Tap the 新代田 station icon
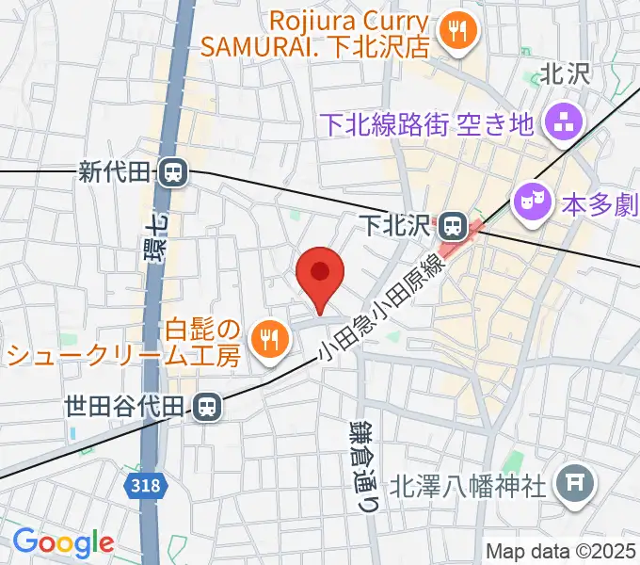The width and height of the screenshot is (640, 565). tap(172, 172)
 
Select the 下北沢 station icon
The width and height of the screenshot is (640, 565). tap(452, 225)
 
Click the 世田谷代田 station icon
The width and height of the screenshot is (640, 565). tap(205, 406)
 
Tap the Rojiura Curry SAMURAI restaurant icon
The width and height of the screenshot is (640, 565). tap(460, 31)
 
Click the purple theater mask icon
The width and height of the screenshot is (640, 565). tap(530, 201)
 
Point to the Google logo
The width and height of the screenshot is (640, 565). tap(62, 542)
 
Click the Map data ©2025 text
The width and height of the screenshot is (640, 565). tap(561, 550)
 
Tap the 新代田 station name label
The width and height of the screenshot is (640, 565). tap(115, 172)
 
